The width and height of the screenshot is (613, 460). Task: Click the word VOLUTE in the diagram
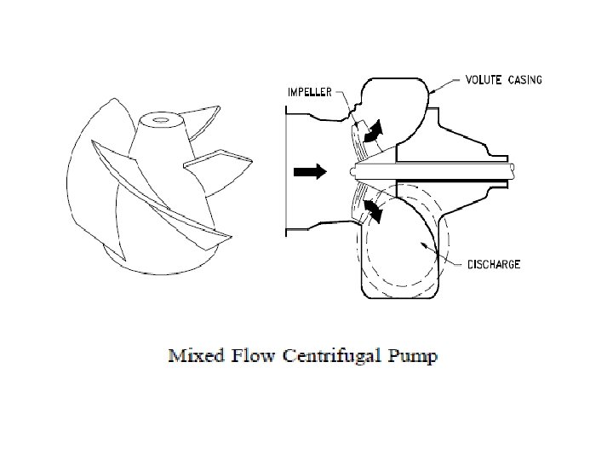click(485, 80)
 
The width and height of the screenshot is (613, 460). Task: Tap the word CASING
click(524, 80)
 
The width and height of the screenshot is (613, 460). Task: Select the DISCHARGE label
click(494, 264)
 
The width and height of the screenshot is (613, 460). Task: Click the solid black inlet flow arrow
click(310, 171)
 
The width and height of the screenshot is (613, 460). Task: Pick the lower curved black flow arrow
click(372, 210)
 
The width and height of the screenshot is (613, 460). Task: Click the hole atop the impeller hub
click(159, 119)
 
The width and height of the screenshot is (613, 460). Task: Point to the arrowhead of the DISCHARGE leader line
click(420, 240)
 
